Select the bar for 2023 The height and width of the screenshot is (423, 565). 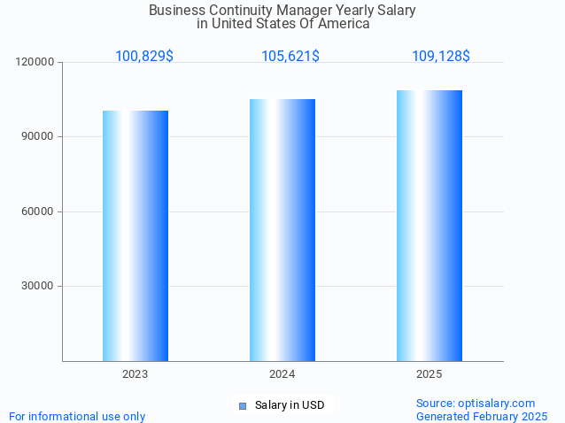(135, 235)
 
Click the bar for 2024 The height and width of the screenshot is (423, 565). (282, 230)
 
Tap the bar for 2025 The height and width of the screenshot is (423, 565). (430, 226)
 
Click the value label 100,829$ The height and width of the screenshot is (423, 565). (144, 57)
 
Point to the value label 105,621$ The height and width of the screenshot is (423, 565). (290, 57)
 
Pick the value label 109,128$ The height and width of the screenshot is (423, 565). (441, 57)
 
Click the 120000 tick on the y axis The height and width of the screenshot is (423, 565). (35, 63)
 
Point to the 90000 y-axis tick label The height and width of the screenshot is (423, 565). (38, 137)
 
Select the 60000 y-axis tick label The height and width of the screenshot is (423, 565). (38, 211)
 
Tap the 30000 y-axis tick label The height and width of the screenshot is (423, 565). (38, 286)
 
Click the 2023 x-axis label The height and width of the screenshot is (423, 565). (135, 374)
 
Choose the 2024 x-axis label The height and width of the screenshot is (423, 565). (282, 374)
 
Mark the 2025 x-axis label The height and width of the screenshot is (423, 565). (430, 374)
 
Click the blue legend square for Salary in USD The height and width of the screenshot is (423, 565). (242, 406)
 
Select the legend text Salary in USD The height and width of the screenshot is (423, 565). (290, 406)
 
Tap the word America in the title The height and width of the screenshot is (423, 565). (344, 24)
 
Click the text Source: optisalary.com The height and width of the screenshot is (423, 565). (476, 403)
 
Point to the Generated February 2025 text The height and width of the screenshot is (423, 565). (482, 416)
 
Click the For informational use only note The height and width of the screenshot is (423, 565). (77, 416)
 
